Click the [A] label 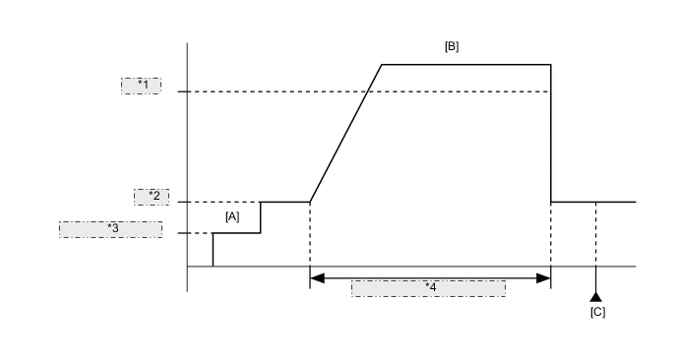point(232,215)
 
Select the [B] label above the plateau point(452,46)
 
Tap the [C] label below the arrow point(596,312)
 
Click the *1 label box point(141,85)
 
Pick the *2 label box point(152,196)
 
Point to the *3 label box point(110,228)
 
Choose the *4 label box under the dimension point(428,288)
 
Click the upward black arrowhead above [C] point(595,296)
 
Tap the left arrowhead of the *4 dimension point(316,278)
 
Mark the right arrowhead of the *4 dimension point(544,278)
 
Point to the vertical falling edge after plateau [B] point(550,138)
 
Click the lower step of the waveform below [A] point(237,233)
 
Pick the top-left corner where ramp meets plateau point(382,64)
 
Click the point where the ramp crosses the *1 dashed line point(367,91)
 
